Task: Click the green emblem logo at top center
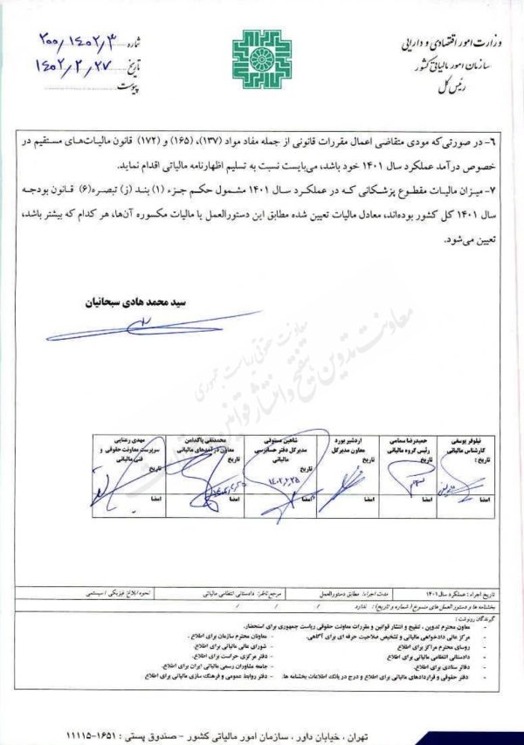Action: click(x=261, y=58)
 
